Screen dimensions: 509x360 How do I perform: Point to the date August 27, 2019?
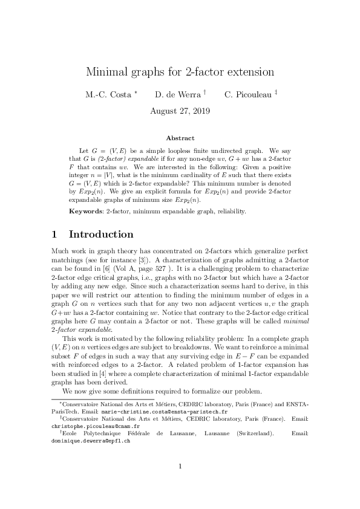[180, 111]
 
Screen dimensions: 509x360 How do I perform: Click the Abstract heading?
[180, 138]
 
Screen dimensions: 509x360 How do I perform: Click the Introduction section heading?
[101, 235]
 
